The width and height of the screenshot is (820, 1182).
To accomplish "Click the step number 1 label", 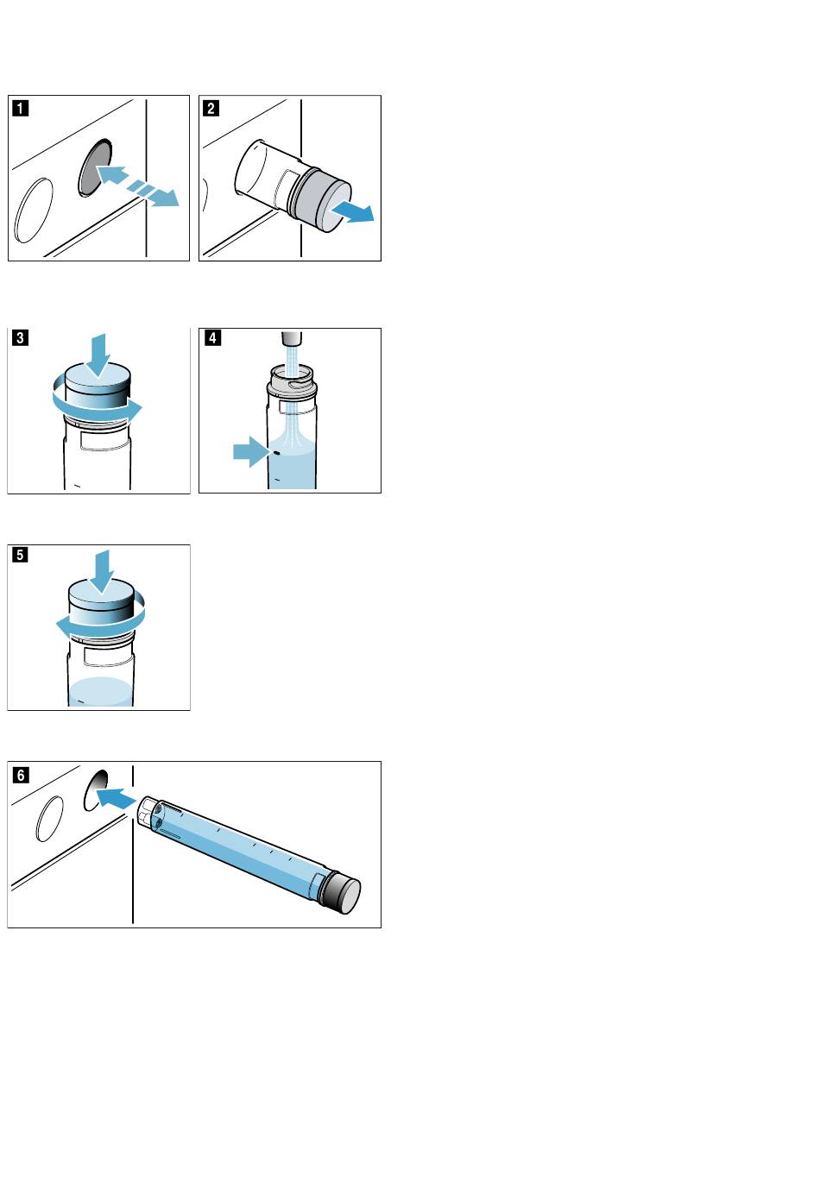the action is click(x=20, y=109).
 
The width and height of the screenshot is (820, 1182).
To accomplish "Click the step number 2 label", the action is click(x=211, y=109).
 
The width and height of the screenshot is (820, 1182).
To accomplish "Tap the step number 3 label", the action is click(x=20, y=337).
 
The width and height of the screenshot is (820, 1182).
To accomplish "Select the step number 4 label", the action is click(x=212, y=337).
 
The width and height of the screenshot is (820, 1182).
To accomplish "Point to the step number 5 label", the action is click(x=20, y=555).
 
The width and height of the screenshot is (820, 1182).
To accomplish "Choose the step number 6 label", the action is click(x=21, y=775).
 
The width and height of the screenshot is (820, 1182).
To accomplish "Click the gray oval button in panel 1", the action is click(x=95, y=167).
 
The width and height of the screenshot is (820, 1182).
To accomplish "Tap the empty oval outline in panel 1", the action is click(x=34, y=211).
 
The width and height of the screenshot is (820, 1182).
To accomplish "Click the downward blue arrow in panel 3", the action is click(x=98, y=355).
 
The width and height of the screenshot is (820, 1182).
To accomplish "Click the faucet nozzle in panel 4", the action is click(x=291, y=337).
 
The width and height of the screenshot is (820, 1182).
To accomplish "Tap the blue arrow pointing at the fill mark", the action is click(x=251, y=451).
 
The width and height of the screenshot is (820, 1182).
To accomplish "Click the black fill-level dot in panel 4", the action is click(x=275, y=453).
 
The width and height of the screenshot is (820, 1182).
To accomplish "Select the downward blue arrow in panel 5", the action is click(x=102, y=572).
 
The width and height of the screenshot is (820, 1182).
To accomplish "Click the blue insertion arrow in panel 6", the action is click(x=117, y=797).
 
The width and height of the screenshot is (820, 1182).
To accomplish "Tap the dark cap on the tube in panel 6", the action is click(x=343, y=893).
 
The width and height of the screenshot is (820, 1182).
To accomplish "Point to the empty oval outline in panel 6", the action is click(x=50, y=819).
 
